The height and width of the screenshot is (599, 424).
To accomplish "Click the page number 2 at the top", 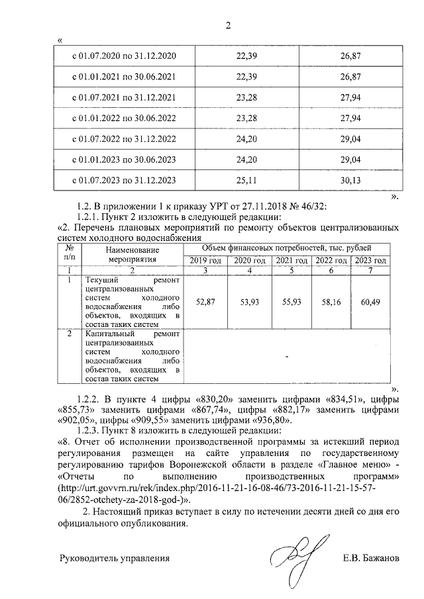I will pos(228,26).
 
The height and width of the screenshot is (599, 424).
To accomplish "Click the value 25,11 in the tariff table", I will pos(246,180).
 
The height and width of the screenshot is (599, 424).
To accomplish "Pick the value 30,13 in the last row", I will pos(350,180).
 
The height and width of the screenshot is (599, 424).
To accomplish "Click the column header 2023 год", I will pos(370,261).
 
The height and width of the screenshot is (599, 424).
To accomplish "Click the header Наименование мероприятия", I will pos(132,255).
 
